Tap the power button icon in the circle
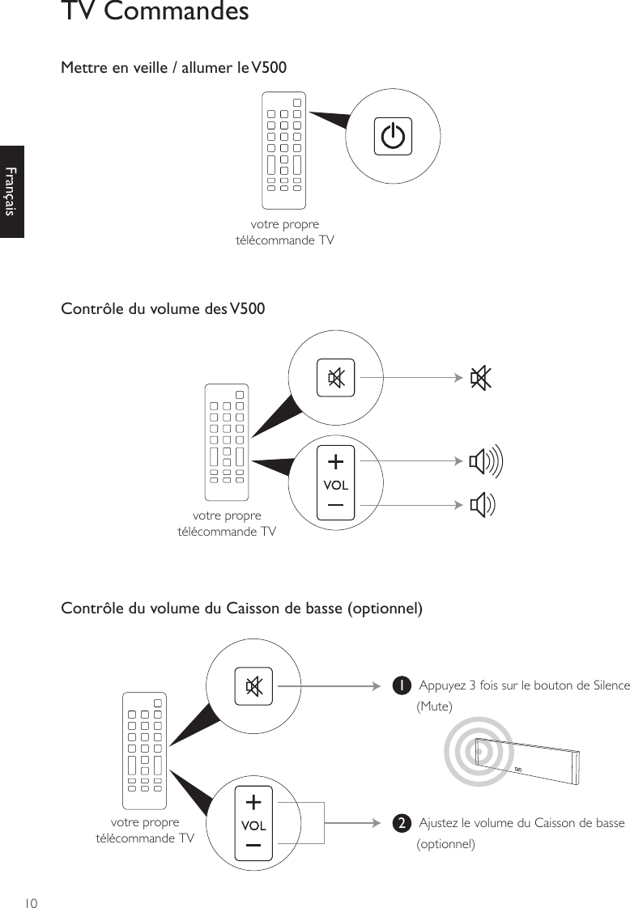tap(393, 136)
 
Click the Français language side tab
tap(11, 192)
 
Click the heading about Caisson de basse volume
tap(241, 608)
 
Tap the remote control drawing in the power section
tap(284, 151)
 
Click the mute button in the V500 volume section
tap(335, 378)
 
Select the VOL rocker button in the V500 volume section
tap(335, 484)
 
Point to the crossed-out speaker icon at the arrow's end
tap(481, 378)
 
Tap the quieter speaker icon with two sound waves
tap(483, 505)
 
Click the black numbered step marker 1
tap(399, 686)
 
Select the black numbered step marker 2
tap(399, 824)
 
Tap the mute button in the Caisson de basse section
tap(253, 686)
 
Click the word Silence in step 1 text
tap(611, 686)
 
